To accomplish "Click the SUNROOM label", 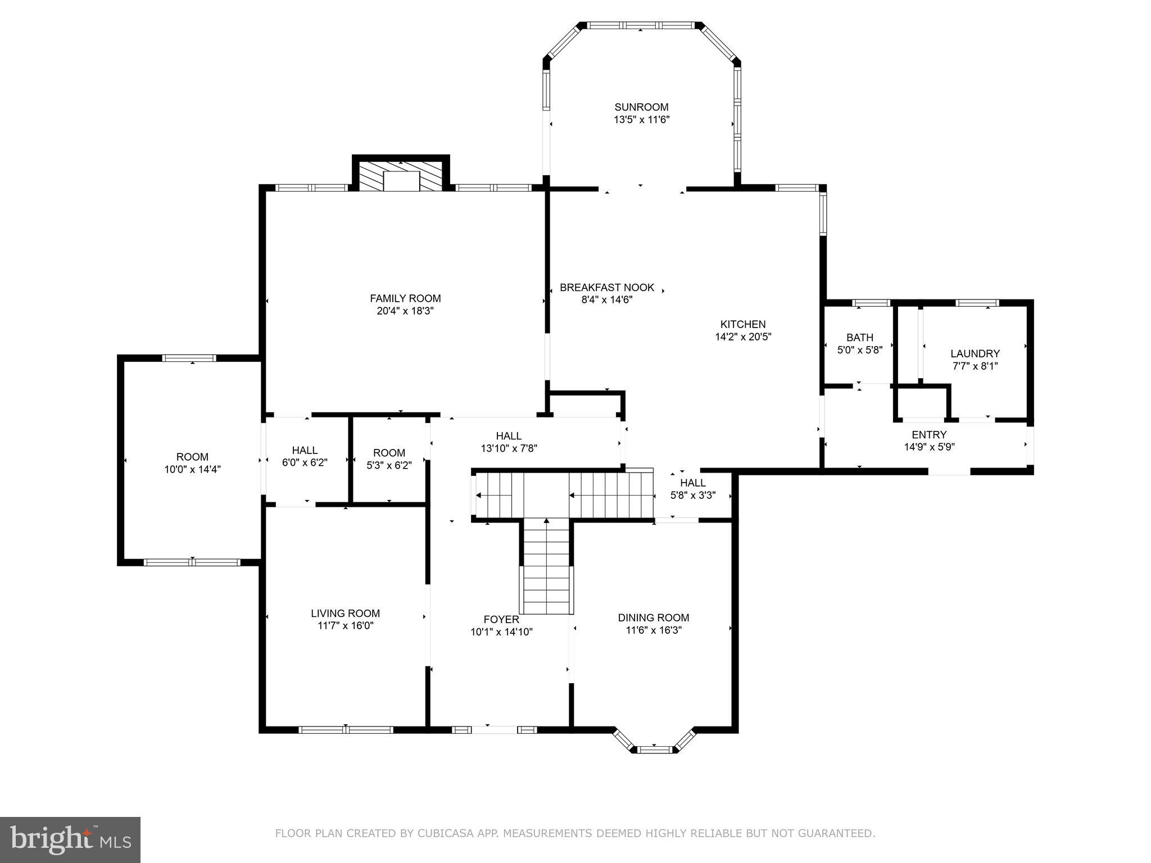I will (641, 107).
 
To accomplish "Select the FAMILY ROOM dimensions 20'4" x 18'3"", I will (405, 311).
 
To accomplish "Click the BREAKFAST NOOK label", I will (607, 288).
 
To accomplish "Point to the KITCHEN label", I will (743, 324).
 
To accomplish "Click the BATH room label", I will (860, 337).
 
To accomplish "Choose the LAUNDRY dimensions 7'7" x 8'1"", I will (975, 366).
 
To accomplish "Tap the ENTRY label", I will (929, 434).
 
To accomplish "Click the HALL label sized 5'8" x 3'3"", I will (693, 483).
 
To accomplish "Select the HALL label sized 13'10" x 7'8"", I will (509, 435).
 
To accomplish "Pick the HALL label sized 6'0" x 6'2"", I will (305, 450).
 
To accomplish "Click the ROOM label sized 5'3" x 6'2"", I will (389, 452).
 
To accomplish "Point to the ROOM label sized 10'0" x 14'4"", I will (192, 457).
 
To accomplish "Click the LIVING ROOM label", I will (346, 614).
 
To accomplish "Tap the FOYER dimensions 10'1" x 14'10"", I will (501, 632).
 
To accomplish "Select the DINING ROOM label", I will (653, 617).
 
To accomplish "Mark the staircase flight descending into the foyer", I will (546, 567).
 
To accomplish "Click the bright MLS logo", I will (70, 839).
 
